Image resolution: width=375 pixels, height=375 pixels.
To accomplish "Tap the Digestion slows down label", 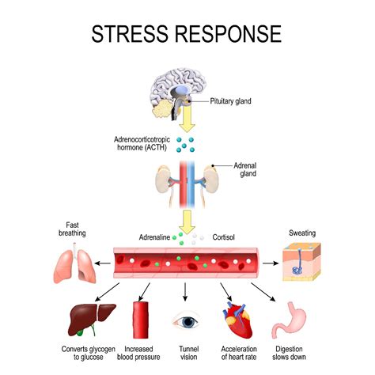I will click(x=289, y=354).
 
